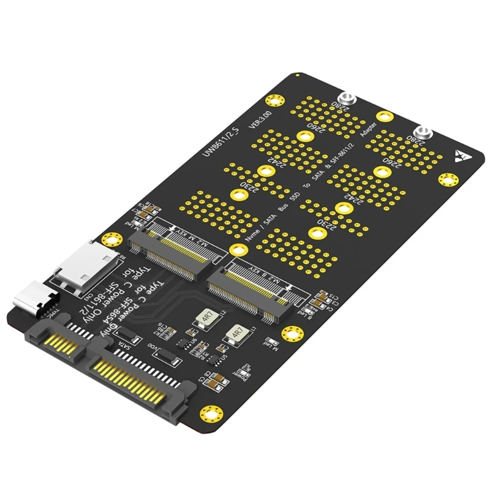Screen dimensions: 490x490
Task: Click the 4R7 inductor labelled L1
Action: (x=233, y=334)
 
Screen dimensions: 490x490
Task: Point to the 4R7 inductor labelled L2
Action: (x=203, y=317)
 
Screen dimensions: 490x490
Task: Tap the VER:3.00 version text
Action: (x=260, y=122)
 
